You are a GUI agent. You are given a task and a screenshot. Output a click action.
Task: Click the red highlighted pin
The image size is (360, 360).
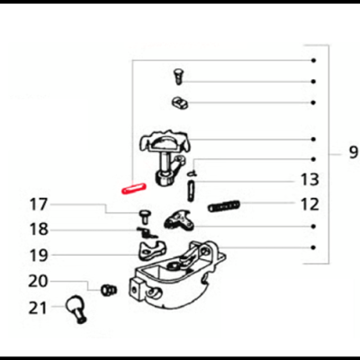132,188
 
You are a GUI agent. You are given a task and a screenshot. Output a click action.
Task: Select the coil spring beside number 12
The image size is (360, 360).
225,206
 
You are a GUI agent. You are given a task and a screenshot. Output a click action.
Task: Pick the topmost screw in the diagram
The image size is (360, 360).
176,75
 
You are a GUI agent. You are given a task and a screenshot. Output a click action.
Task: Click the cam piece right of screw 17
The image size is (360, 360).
179,219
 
